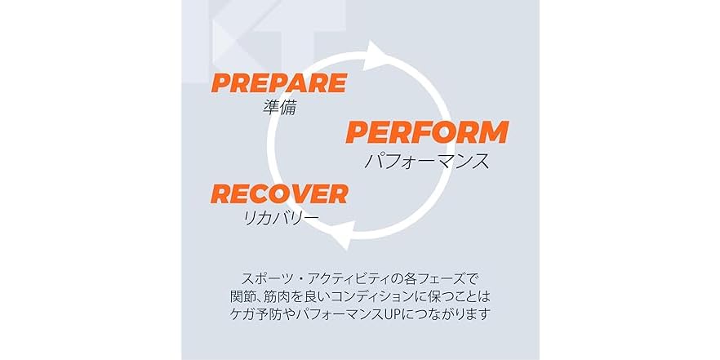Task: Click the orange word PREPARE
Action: [x=278, y=83]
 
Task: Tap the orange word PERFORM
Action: [x=427, y=132]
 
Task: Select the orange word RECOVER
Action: [x=278, y=193]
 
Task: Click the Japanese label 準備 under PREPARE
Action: [x=279, y=108]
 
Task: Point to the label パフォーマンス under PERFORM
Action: [x=427, y=161]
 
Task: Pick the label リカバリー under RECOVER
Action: [x=280, y=217]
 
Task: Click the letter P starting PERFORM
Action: [x=357, y=132]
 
